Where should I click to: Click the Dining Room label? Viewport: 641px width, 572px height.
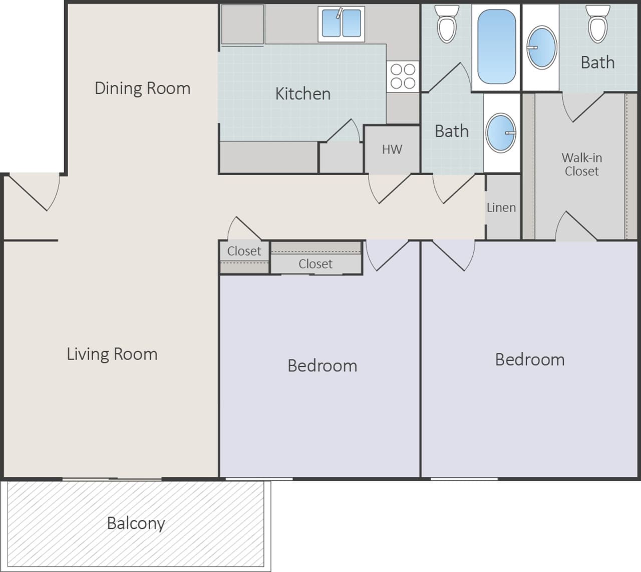(x=142, y=88)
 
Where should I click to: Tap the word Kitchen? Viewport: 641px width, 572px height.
(x=302, y=94)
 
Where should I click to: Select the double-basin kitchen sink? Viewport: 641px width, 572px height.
(x=341, y=24)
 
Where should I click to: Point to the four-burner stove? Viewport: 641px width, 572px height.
(x=403, y=76)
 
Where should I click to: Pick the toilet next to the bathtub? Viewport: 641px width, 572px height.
(x=446, y=24)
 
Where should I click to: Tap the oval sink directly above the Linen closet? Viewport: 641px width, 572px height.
(x=501, y=133)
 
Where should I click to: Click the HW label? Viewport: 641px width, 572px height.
(x=392, y=149)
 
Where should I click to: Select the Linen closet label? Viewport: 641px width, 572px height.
(x=501, y=207)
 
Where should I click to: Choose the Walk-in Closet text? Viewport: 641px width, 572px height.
(x=581, y=164)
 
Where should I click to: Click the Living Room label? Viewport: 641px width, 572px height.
(x=112, y=354)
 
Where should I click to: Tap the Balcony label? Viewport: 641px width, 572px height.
(x=136, y=523)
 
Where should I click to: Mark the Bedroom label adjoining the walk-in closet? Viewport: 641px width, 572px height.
(x=529, y=359)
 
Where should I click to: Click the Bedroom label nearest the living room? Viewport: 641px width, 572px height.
(x=322, y=366)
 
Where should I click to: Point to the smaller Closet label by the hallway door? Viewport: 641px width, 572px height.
(x=244, y=251)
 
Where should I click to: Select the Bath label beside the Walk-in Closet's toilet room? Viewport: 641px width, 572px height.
(x=597, y=63)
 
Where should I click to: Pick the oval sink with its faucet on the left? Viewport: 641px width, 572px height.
(x=542, y=48)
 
